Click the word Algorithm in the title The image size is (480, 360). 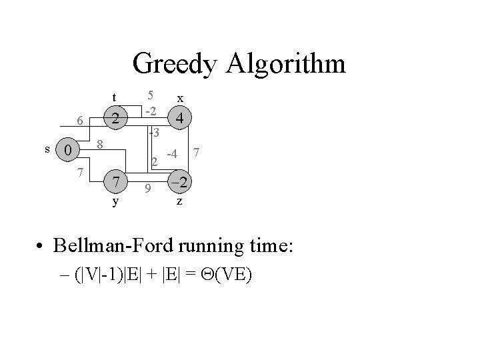click(286, 65)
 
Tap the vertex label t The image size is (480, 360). click(115, 97)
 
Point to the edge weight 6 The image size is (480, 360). click(79, 121)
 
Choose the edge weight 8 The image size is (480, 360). click(99, 143)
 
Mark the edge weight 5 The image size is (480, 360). click(151, 95)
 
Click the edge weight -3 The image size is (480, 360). click(153, 133)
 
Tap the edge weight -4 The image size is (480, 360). click(171, 155)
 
